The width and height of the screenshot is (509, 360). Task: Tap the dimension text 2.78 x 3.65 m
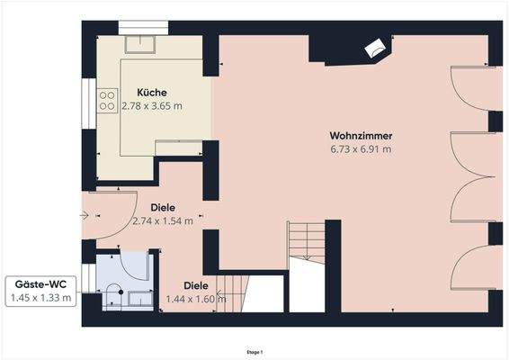click(x=152, y=106)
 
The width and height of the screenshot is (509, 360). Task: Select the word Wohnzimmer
click(x=361, y=136)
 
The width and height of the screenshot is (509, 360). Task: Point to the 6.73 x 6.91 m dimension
click(x=361, y=149)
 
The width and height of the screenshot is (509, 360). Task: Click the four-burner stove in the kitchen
click(x=107, y=95)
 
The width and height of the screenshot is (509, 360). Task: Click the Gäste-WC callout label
click(x=40, y=284)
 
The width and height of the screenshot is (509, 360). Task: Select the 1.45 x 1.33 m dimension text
click(x=40, y=298)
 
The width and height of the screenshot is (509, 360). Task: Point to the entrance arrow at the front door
click(x=84, y=215)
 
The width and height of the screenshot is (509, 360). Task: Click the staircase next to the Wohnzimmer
click(x=307, y=241)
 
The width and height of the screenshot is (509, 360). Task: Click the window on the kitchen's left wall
click(x=87, y=107)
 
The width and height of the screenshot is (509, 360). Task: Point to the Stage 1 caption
click(x=254, y=351)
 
